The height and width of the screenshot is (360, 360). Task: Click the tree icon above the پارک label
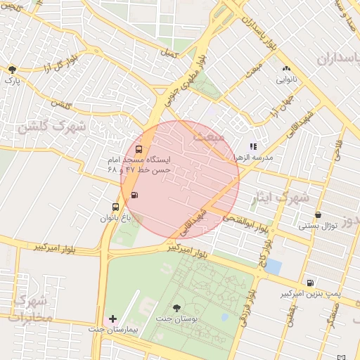[12, 69]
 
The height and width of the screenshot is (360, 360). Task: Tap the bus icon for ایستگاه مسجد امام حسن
[139, 149]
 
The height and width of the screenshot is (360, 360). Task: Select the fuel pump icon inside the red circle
[134, 195]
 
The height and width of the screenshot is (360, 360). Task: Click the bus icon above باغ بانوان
[115, 207]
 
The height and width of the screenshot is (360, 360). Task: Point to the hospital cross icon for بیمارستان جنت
[112, 319]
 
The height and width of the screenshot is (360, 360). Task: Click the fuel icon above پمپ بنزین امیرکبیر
[310, 282]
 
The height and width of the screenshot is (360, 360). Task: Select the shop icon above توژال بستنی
[319, 214]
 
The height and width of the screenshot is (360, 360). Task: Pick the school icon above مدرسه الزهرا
[254, 146]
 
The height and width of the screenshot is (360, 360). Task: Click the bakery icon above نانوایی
[286, 69]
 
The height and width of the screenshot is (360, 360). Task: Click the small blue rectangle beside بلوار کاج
[274, 266]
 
